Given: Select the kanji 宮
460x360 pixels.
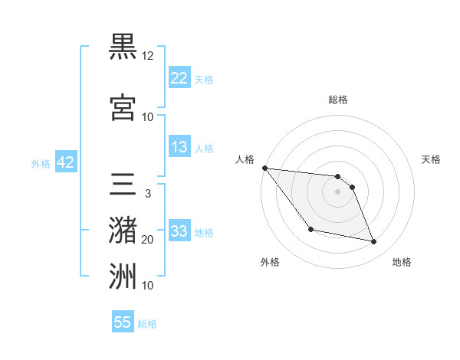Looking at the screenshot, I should click(123, 106).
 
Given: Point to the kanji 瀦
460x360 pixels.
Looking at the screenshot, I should click(123, 229).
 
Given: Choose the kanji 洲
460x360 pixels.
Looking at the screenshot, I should click(123, 275).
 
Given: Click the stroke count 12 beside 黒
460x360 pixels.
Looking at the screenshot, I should click(148, 56).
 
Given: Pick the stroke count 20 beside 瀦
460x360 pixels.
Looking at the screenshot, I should click(148, 240).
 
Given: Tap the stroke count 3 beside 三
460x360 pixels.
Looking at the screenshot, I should click(147, 194).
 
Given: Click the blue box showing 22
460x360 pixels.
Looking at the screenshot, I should click(179, 77).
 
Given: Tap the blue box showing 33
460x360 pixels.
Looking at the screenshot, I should click(179, 231).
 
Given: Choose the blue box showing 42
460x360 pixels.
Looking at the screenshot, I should click(64, 162).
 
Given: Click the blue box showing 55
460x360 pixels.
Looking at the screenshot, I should click(123, 322).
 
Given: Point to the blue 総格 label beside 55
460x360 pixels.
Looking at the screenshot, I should click(147, 324).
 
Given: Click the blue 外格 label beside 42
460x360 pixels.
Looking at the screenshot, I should click(41, 163).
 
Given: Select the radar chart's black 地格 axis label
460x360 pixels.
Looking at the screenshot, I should click(402, 262).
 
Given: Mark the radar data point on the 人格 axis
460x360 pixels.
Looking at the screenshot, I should click(264, 168).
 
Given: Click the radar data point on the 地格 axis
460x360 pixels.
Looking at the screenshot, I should click(374, 242).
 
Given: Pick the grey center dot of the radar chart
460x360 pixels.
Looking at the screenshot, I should click(337, 191).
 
